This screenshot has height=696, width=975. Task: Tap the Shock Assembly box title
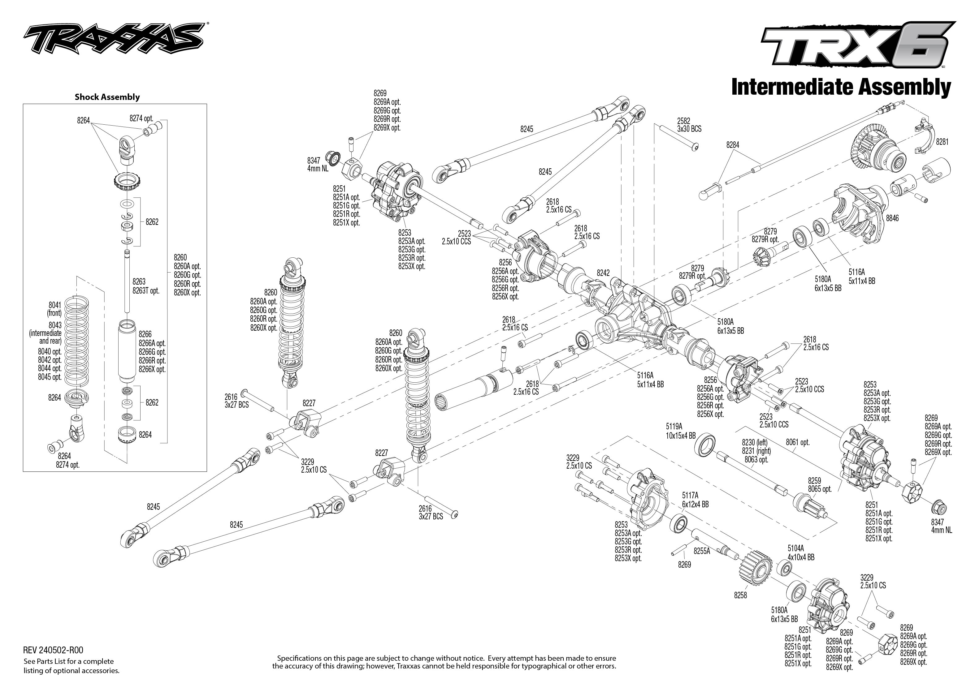[x=107, y=97]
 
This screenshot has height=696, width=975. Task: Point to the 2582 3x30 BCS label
[x=689, y=125]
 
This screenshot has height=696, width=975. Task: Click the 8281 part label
[x=942, y=142]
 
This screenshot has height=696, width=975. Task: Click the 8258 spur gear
[x=755, y=571]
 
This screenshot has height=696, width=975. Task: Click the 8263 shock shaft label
[x=139, y=281]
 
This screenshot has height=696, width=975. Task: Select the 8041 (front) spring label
[x=54, y=309]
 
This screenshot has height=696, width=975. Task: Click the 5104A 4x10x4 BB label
[x=800, y=553]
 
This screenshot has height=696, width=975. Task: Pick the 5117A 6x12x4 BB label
[x=695, y=500]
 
